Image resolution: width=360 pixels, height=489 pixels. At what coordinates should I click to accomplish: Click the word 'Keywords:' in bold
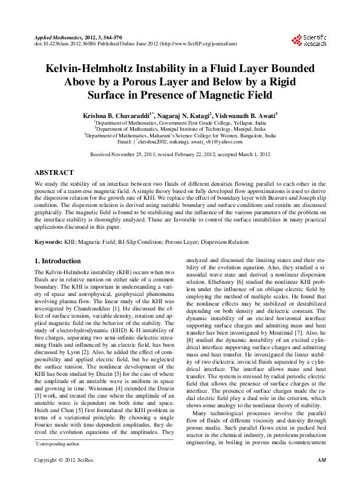pos(48,241)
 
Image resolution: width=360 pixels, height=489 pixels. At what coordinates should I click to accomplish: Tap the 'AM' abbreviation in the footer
pos(322,478)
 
